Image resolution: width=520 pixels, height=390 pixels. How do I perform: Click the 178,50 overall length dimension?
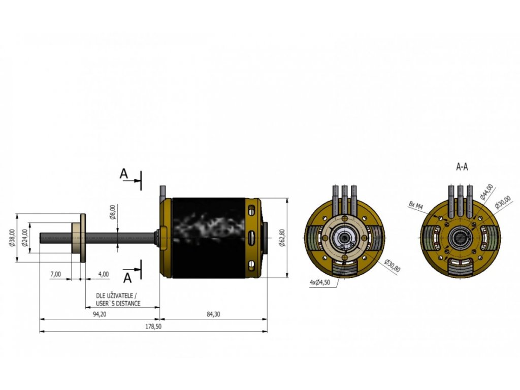click(x=153, y=327)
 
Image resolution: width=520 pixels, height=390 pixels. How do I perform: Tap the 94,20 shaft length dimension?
click(x=100, y=314)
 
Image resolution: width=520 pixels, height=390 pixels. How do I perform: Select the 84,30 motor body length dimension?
click(x=213, y=314)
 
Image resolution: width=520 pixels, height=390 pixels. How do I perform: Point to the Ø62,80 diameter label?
click(x=282, y=238)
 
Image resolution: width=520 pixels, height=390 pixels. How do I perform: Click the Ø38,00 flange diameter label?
click(x=12, y=238)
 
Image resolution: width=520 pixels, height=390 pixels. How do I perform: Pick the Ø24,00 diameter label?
click(x=25, y=238)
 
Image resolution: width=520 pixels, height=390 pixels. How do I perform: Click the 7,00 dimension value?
click(x=56, y=274)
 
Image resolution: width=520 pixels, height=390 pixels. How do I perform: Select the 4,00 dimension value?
click(x=104, y=274)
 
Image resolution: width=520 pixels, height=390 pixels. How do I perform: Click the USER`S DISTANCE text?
click(x=118, y=304)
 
